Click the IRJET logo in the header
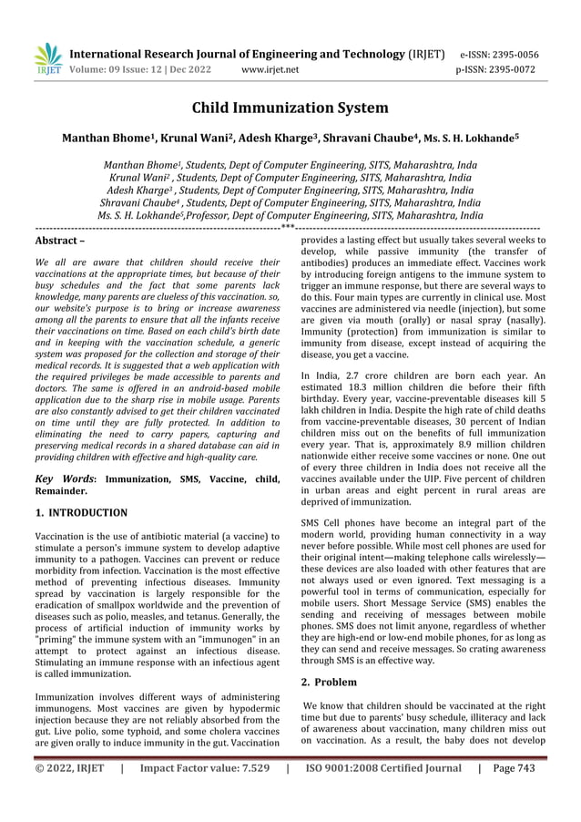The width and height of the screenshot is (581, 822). pos(46,59)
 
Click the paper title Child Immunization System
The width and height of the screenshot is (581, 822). pos(290,108)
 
